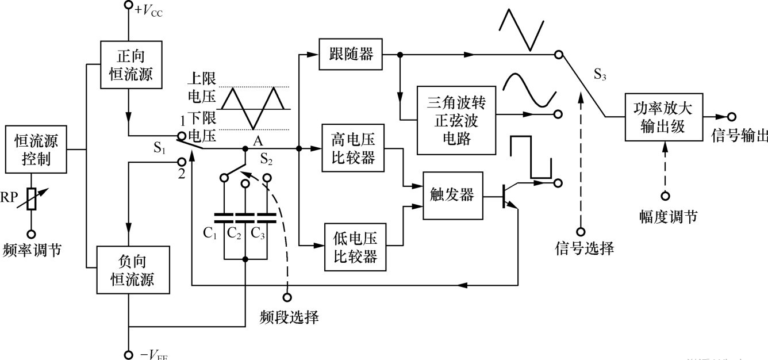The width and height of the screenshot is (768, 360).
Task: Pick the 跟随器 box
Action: click(350, 55)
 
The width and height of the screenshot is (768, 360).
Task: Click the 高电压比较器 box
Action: click(354, 147)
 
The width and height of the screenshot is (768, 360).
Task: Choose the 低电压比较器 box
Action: click(355, 247)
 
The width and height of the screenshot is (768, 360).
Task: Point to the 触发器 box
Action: click(451, 195)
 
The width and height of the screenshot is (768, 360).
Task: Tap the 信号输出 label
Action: click(739, 136)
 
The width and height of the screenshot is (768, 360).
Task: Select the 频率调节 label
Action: click(32, 250)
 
